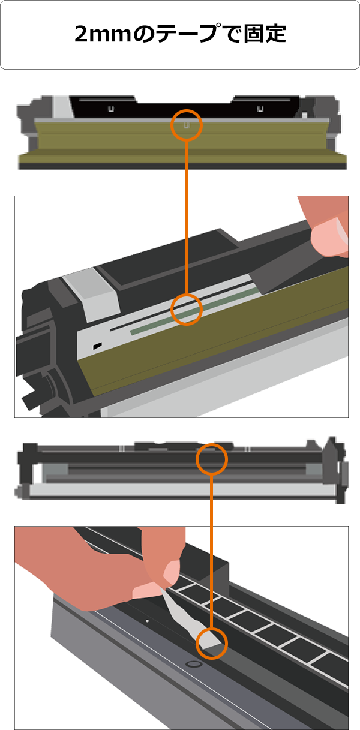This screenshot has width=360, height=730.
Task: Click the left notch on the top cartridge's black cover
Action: [x=111, y=109]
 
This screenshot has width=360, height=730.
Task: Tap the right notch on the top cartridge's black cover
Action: [x=260, y=109]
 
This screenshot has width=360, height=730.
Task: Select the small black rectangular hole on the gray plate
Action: [x=97, y=346]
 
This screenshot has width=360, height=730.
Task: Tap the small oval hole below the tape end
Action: [x=193, y=664]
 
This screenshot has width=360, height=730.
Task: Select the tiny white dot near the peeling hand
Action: [x=148, y=621]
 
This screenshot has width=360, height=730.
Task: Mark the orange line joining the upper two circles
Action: [x=186, y=217]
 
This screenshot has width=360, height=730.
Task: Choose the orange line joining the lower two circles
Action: [x=211, y=551]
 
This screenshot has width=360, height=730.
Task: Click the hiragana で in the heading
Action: [x=230, y=34]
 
